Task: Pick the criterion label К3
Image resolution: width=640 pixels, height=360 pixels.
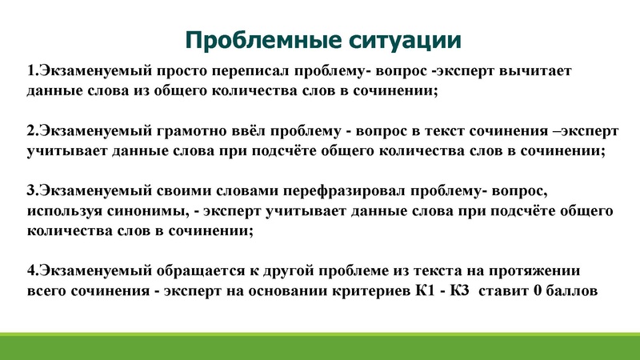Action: click(462, 291)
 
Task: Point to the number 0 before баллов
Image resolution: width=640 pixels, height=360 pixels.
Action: click(538, 291)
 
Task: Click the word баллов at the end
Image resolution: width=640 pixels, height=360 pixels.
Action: click(571, 291)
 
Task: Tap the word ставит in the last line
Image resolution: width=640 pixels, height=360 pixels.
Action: click(506, 291)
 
